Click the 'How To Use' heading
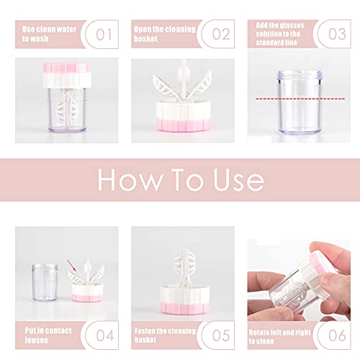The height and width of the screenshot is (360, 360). click(x=179, y=180)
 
